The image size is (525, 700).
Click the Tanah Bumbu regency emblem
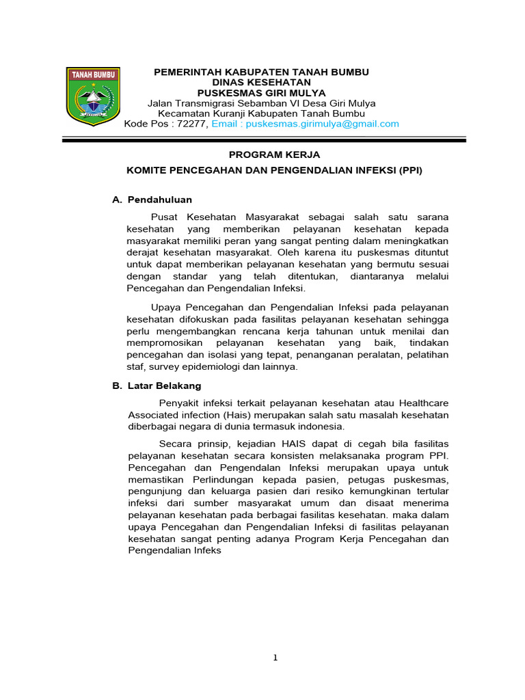click(93, 96)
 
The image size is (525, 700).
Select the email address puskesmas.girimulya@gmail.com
click(322, 124)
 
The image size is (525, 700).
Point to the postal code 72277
click(193, 124)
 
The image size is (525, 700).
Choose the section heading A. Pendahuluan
click(152, 200)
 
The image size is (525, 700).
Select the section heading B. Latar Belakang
click(157, 386)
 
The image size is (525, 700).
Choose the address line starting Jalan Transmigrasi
click(262, 103)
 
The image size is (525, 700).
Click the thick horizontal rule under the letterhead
click(264, 139)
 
